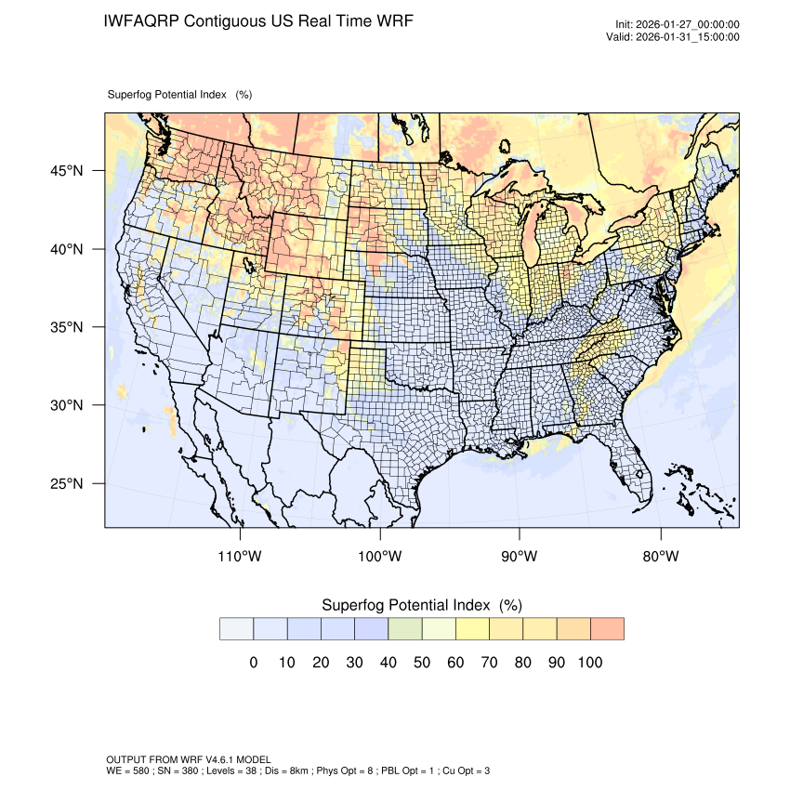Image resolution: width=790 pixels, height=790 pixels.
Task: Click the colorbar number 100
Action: coord(589,663)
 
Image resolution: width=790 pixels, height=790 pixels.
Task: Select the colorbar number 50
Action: coord(421,663)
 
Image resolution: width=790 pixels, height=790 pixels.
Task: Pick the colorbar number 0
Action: coord(253,663)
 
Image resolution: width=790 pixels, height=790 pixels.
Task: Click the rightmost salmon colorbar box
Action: coord(607,628)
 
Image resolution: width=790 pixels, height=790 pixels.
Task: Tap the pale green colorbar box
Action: coord(405,628)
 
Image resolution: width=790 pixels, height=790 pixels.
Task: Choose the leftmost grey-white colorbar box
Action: coord(237,628)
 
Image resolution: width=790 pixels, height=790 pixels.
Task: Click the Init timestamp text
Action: coord(678,24)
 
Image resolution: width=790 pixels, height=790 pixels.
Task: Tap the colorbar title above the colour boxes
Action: coord(421,605)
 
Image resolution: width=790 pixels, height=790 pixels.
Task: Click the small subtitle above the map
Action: coord(179,95)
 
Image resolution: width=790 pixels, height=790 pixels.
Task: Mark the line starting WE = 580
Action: coord(297,770)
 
